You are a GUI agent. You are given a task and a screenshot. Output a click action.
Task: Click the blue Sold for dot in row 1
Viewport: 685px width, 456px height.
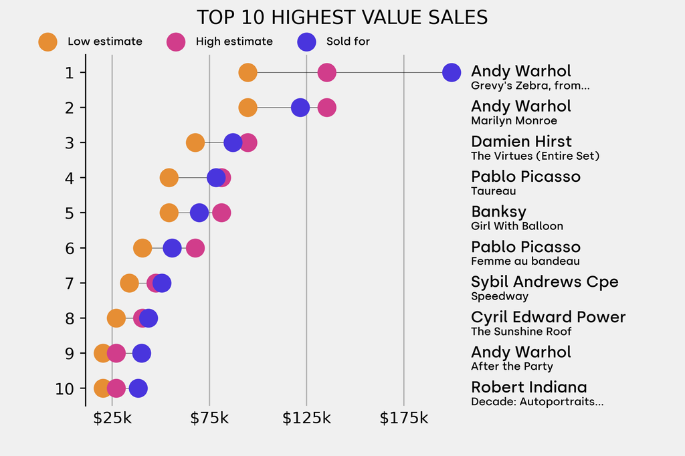[x=452, y=72]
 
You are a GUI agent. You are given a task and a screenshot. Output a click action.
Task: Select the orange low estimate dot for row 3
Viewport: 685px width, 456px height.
[x=195, y=142]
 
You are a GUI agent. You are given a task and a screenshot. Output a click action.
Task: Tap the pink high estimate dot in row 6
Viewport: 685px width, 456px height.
[x=195, y=248]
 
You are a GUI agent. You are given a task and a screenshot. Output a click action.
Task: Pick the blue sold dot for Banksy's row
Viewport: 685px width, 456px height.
[x=199, y=213]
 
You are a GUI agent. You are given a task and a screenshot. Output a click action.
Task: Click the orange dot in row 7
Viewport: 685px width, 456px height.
[x=129, y=283]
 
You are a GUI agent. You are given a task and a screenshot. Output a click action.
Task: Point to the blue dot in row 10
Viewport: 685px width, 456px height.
[x=138, y=388]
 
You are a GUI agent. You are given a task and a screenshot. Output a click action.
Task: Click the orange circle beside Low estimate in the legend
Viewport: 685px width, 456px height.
[x=47, y=41]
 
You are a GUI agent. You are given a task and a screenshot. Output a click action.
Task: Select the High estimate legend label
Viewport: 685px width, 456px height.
[x=234, y=41]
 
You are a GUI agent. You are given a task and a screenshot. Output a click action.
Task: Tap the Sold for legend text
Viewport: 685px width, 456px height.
[x=348, y=41]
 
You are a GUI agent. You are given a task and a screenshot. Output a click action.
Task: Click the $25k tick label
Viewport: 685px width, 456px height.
[x=112, y=419]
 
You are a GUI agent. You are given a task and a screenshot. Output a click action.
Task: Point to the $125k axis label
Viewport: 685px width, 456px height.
[x=306, y=419]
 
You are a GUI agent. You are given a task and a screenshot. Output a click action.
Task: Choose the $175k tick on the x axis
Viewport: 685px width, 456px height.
[x=403, y=419]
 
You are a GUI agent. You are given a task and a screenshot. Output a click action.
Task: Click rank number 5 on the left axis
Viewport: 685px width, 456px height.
[x=70, y=213]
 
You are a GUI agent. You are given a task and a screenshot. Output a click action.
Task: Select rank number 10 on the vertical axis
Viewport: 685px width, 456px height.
[x=66, y=388]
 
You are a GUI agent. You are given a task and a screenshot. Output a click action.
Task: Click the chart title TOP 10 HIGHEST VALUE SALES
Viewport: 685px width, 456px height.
[x=342, y=17]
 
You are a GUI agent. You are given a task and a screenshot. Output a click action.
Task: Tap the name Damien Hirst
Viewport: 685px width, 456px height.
[x=521, y=141]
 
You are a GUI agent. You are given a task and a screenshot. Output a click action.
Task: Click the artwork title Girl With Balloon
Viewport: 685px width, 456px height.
[x=516, y=226]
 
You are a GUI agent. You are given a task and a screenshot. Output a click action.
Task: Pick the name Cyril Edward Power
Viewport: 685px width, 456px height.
[x=548, y=317]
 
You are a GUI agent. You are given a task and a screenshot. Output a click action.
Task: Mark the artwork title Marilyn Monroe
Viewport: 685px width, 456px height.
[x=514, y=121]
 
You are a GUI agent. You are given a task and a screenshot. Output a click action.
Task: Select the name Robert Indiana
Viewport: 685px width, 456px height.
[x=528, y=386]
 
